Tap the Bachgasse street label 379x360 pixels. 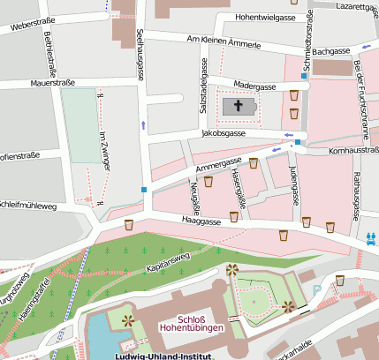(x=332, y=52)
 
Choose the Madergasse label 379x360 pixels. (x=254, y=86)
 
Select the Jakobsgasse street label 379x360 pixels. (x=224, y=133)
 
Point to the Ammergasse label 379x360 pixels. (x=218, y=163)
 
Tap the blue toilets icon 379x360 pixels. (x=372, y=237)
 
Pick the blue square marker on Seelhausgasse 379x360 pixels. (x=143, y=189)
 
